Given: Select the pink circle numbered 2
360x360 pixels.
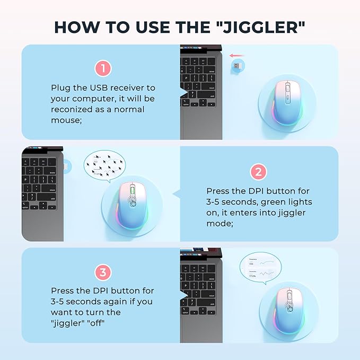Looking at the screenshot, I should click(258, 172).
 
